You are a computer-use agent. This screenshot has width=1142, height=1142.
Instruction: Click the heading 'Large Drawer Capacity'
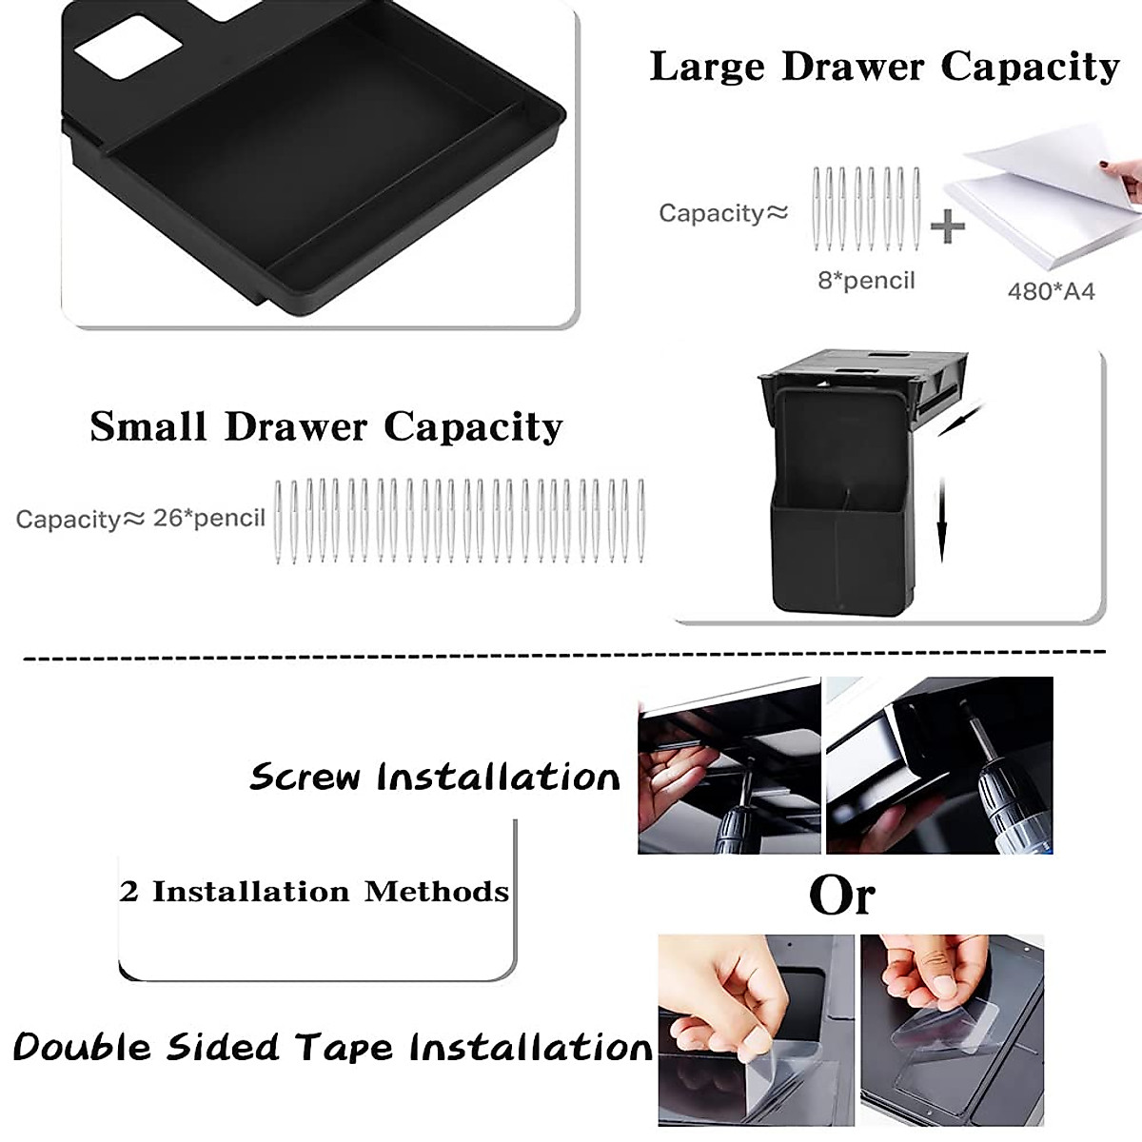coord(884,68)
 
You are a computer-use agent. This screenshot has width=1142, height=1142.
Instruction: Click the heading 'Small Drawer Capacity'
coord(326,427)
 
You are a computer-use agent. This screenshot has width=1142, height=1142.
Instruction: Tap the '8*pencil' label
coord(866,281)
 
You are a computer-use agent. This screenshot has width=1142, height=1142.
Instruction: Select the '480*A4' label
coord(1051,290)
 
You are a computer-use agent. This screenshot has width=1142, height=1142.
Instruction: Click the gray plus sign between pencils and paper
coord(946,226)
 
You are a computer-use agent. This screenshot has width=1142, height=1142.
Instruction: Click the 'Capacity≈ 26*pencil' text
coord(141,519)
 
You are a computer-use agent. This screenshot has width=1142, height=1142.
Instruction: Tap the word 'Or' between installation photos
coord(841,895)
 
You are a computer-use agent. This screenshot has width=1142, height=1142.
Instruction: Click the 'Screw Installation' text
coord(435,778)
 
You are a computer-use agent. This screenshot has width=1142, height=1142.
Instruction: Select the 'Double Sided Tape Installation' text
coord(333,1048)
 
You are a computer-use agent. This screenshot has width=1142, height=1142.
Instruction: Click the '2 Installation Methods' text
coord(315,893)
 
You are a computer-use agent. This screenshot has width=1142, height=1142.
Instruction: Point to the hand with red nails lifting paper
coord(1127,176)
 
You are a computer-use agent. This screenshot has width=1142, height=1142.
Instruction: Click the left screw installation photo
coord(729,765)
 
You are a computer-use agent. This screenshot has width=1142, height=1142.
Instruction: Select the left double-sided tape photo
coord(756,1030)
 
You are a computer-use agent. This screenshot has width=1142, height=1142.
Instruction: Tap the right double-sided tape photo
coord(952,1030)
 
